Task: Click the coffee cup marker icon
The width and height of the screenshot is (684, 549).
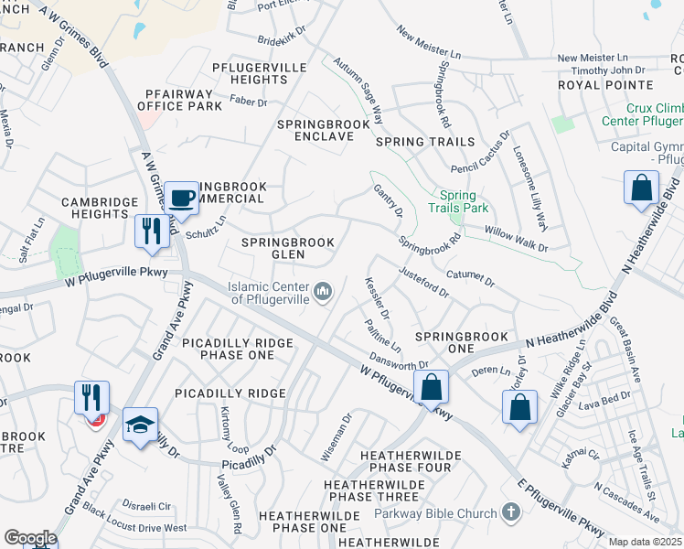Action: [182, 199]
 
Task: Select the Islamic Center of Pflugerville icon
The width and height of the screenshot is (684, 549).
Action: [323, 292]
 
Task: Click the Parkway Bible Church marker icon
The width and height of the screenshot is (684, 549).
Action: [509, 512]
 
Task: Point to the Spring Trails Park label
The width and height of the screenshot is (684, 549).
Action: [457, 201]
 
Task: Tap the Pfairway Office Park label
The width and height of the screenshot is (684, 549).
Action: [179, 100]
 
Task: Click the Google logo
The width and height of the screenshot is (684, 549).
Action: [30, 537]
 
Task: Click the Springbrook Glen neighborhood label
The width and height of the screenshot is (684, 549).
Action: [287, 242]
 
